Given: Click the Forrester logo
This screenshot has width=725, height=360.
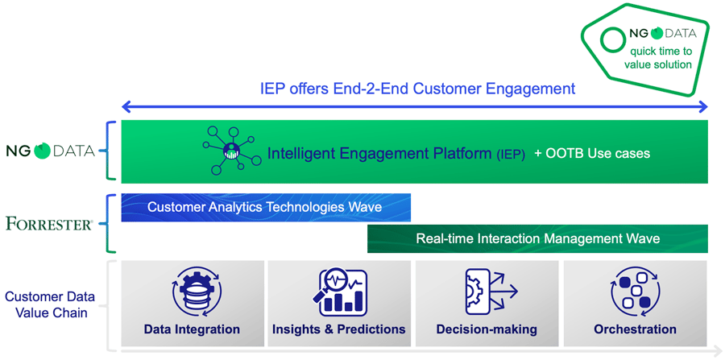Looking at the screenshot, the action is click(49, 225).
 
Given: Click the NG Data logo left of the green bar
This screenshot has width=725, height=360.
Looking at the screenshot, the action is click(50, 151).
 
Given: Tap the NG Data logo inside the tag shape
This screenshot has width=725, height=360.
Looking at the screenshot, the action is click(663, 34).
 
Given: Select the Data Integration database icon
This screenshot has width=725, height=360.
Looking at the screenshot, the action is click(197, 293).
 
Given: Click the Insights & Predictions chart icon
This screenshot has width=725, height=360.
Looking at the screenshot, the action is click(340, 292).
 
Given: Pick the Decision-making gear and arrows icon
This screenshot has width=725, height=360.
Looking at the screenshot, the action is click(491, 292).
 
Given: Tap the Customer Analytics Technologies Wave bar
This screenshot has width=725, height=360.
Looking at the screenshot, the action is click(266, 208).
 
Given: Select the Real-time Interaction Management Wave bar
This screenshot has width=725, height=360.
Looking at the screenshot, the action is click(537, 239).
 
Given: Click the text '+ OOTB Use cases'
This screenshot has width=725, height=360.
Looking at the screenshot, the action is click(592, 153).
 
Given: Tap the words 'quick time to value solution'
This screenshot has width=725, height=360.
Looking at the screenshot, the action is click(658, 58).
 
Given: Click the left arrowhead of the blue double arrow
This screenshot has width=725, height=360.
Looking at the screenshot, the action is click(126, 108).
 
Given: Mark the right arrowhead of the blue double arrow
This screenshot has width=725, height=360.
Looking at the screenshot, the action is click(702, 108).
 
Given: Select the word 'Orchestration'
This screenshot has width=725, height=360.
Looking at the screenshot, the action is click(635, 329).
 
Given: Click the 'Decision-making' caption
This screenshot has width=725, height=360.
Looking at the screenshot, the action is click(487, 329).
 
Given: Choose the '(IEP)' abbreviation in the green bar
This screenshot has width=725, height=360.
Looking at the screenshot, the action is click(511, 155).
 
